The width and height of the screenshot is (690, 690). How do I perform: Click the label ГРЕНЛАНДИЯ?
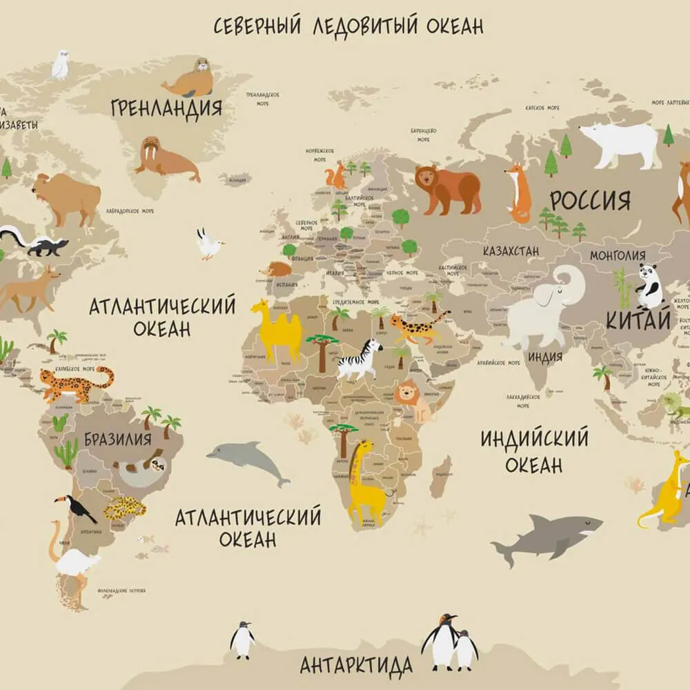click(x=166, y=108)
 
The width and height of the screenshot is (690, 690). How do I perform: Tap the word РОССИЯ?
click(x=590, y=201)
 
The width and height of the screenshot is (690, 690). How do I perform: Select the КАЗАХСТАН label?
click(x=511, y=251)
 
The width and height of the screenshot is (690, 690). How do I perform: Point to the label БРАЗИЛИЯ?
click(x=118, y=439)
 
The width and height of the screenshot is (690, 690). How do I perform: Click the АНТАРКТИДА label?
click(x=356, y=666)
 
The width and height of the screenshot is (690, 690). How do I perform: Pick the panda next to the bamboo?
click(x=649, y=286)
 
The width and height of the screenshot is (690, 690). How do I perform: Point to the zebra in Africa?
click(x=359, y=358)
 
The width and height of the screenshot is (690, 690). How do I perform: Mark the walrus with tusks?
click(x=166, y=159)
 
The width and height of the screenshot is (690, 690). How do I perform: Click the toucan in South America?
click(x=77, y=509)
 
